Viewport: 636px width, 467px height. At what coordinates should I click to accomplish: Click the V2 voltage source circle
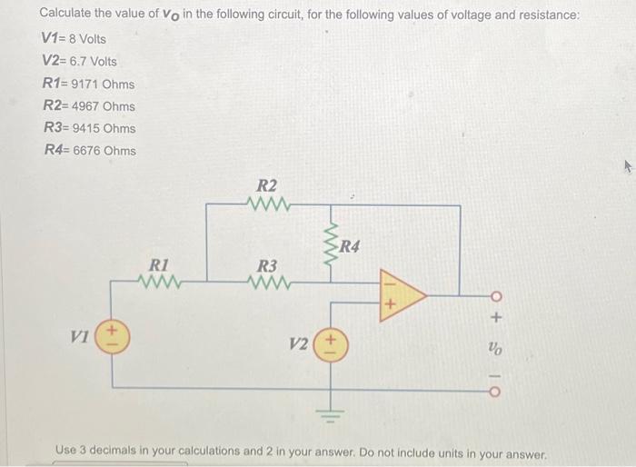tap(330, 345)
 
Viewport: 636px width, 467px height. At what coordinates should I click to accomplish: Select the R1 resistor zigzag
tap(160, 281)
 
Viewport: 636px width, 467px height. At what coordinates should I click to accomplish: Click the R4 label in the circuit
tap(352, 245)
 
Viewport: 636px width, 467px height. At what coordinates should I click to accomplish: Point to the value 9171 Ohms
tap(104, 84)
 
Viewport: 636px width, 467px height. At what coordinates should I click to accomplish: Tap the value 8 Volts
tap(86, 39)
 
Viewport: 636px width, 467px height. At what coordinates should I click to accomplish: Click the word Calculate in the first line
tap(67, 15)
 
